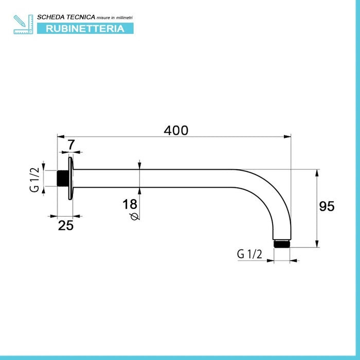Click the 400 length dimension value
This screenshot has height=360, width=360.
(x=176, y=131)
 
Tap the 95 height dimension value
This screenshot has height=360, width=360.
(x=327, y=206)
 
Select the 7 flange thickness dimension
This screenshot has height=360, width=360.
(x=71, y=145)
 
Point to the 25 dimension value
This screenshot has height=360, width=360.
(x=66, y=225)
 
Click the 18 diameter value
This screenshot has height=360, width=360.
(x=130, y=204)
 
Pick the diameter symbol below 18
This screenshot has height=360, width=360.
(x=135, y=217)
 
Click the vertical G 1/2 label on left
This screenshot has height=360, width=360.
(x=34, y=180)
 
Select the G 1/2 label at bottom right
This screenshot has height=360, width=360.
(x=249, y=254)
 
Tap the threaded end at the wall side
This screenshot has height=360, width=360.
(x=62, y=178)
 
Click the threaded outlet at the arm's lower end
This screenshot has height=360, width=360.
(x=282, y=244)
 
